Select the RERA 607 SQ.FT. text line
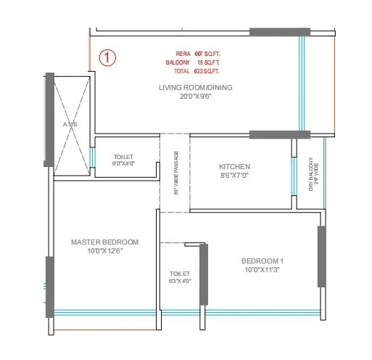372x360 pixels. [197, 54]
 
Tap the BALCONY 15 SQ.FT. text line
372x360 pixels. [197, 62]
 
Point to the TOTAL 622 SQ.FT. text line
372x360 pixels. [197, 71]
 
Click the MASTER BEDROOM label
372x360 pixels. [104, 242]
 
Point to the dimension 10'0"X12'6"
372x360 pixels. [104, 251]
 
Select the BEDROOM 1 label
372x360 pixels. [263, 261]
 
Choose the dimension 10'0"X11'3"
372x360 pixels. [263, 270]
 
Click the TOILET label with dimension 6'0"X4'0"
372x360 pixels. [124, 156]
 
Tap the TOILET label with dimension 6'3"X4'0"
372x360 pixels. [178, 274]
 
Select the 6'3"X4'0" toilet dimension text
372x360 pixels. [178, 282]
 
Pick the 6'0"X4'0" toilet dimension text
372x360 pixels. [124, 164]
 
